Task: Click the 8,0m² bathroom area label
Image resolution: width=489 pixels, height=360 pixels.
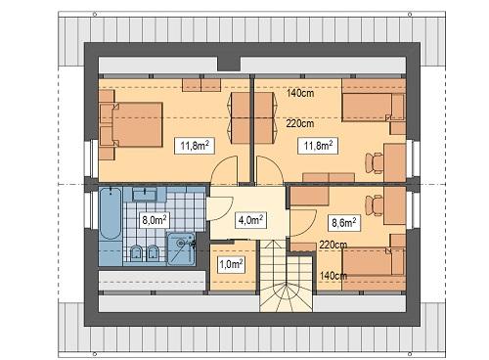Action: click(x=155, y=220)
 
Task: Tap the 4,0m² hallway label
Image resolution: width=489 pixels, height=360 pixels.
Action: click(x=249, y=220)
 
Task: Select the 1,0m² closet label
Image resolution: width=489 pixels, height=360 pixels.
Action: click(x=230, y=263)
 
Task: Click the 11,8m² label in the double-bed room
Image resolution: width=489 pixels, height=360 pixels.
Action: click(x=192, y=146)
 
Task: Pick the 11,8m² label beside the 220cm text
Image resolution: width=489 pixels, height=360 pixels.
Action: click(x=317, y=146)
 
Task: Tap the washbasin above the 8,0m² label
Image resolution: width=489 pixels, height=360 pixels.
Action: click(x=150, y=193)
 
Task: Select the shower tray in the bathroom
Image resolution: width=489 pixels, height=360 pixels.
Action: click(x=182, y=248)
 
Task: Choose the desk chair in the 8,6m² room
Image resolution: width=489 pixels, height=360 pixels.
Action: click(x=374, y=204)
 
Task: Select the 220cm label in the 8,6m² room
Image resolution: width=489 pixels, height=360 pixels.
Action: click(x=333, y=245)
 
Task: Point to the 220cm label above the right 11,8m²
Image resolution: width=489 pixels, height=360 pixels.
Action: click(x=300, y=123)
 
